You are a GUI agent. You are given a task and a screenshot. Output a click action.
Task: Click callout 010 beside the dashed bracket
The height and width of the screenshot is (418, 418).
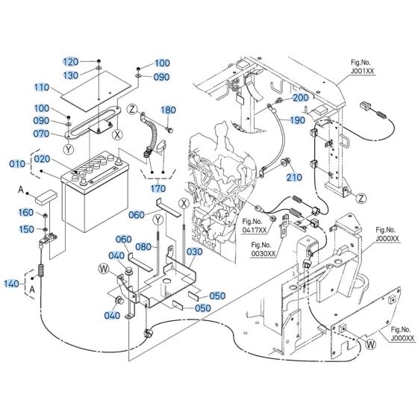click(16, 163)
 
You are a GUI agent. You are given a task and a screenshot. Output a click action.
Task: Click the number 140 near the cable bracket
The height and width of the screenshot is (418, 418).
click(13, 285)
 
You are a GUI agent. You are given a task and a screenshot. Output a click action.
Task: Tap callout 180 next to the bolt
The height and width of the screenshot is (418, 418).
click(168, 110)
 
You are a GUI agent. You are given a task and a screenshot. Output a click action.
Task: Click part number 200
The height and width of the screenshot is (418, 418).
click(299, 99)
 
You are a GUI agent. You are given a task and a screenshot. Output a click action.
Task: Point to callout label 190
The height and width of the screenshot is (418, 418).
click(298, 120)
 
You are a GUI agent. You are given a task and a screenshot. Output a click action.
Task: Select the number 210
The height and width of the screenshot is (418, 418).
click(294, 177)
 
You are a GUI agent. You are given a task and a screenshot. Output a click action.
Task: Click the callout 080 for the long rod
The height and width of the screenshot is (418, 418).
click(143, 247)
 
